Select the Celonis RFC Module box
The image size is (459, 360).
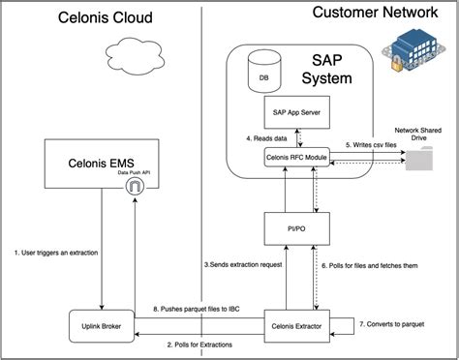pyautogui.click(x=296, y=157)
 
